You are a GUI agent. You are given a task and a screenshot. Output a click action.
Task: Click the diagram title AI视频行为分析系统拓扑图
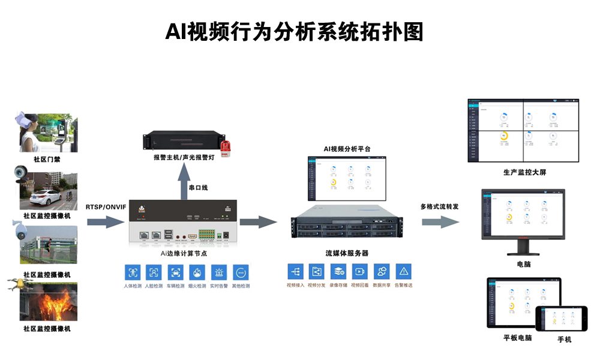294,32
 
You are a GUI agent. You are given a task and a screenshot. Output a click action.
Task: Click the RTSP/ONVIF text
106,207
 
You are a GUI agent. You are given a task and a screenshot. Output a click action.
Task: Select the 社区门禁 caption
47,160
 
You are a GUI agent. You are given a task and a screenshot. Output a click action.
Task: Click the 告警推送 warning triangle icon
404,271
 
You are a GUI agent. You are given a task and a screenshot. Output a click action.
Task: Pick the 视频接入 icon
295,271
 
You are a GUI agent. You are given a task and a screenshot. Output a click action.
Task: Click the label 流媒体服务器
347,253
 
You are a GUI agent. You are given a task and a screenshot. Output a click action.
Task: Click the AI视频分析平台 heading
347,148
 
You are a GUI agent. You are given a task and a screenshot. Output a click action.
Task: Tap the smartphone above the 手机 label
562,318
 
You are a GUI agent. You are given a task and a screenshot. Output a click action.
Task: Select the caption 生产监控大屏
524,173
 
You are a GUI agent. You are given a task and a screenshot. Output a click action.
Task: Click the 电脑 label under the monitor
523,264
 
